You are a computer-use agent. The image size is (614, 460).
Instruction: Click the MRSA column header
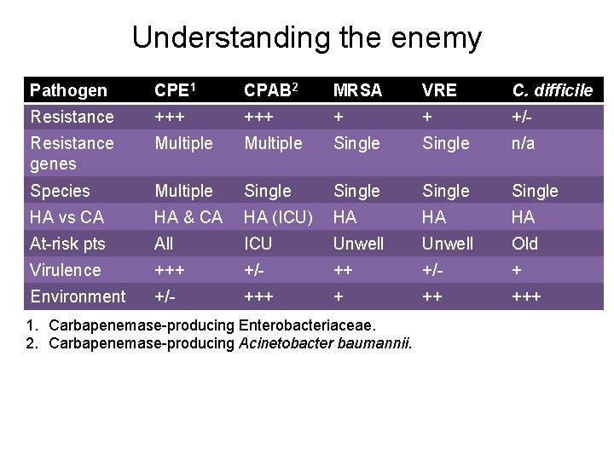pos(357,90)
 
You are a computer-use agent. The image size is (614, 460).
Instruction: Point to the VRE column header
pos(439,90)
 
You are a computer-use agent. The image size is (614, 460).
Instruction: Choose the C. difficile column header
pos(552,90)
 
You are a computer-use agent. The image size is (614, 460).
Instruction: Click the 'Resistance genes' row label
pos(72,153)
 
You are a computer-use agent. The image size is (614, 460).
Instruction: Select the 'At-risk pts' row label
pos(67,244)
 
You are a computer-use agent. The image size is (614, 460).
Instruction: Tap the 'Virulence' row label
pos(65,270)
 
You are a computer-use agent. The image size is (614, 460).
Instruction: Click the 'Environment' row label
pos(78,296)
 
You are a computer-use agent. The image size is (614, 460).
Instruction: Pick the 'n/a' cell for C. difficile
pos(524,143)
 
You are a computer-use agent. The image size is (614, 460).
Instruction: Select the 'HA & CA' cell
pos(188,217)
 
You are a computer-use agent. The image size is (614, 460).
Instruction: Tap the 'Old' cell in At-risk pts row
pos(524,244)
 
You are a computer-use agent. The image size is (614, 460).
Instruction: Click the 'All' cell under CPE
pos(164,244)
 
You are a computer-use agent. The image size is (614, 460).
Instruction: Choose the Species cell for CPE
pos(183,191)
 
